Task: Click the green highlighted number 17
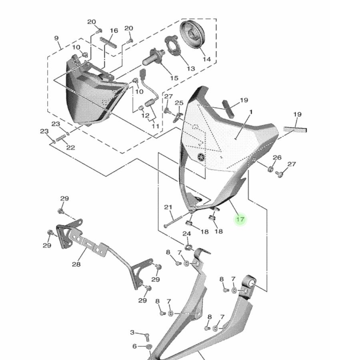pos(240,219)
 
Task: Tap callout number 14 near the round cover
pos(206,59)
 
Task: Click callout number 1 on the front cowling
pos(251,113)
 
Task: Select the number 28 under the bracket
pos(76,264)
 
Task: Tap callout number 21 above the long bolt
pos(168,207)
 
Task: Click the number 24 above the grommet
pos(187,234)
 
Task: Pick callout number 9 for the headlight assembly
pos(56,38)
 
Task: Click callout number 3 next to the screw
pos(132,332)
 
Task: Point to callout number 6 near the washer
pos(134,346)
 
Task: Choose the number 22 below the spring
pos(70,147)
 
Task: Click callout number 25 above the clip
pos(179,103)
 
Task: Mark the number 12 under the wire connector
pos(145,116)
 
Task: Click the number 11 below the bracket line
pos(155,126)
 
